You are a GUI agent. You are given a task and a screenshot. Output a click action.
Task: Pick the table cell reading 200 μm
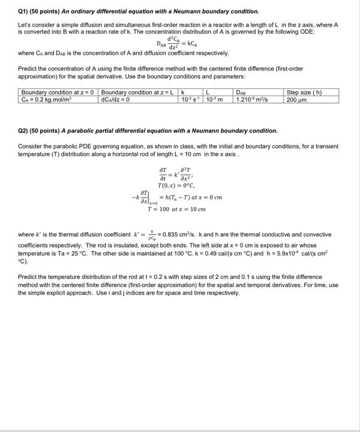pos(298,99)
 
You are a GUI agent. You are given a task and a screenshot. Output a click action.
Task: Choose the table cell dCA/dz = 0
pos(118,99)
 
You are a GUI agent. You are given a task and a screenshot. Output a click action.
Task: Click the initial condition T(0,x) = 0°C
pos(176,186)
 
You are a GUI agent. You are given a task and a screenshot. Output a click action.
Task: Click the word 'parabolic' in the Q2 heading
pos(71,131)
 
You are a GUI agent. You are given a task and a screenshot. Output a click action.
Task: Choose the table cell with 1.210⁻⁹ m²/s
pos(256,99)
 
